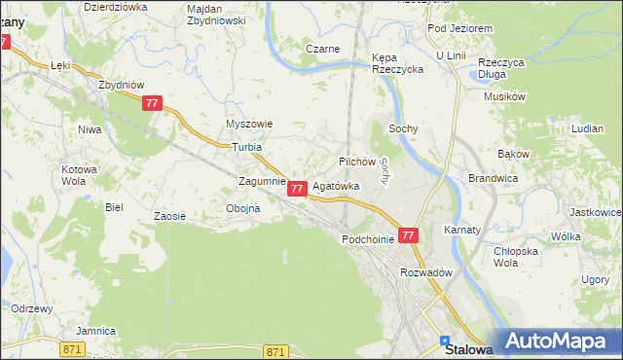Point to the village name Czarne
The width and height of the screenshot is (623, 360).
[x=322, y=49]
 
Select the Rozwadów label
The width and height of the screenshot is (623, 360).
[x=427, y=273]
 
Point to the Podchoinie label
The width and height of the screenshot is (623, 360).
[x=367, y=238]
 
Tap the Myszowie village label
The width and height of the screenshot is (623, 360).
[x=249, y=125]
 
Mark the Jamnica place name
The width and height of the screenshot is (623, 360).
[x=96, y=331]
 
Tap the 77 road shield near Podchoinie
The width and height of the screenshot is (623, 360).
[x=409, y=235]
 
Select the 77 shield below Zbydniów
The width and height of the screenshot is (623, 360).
[x=151, y=103]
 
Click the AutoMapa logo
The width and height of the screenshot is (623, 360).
[x=558, y=342]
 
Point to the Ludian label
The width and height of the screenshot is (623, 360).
[x=589, y=128]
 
